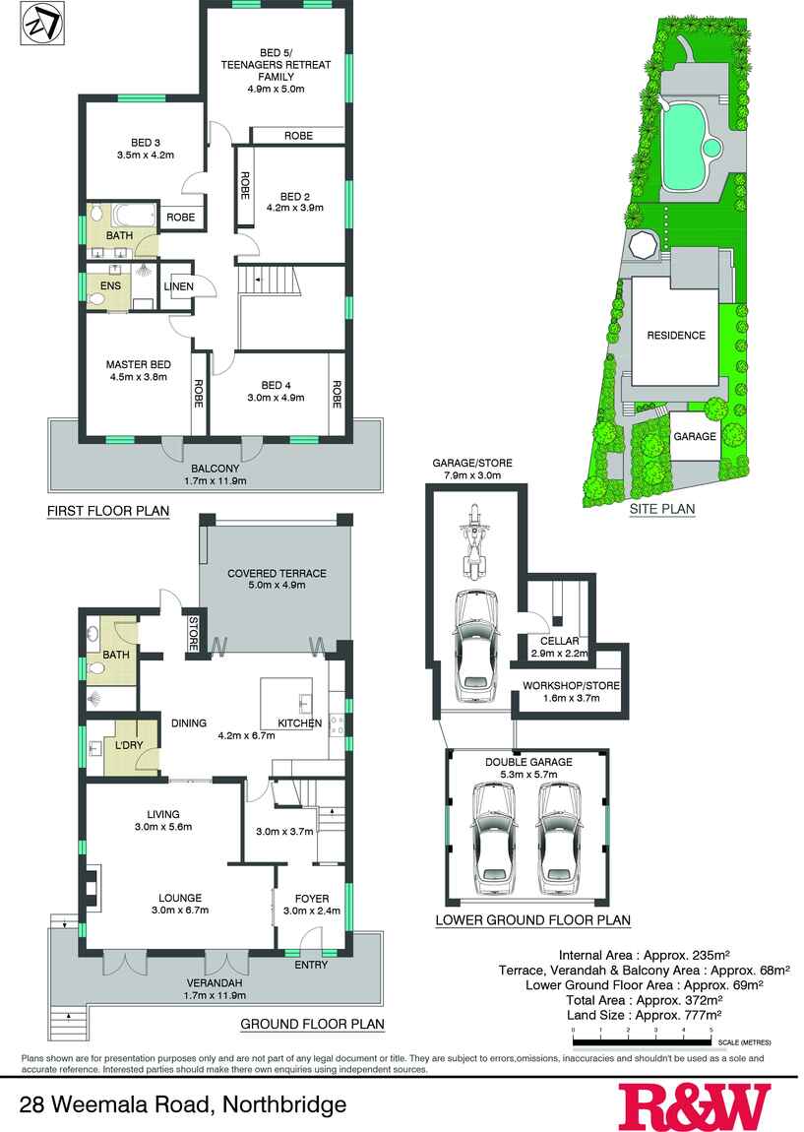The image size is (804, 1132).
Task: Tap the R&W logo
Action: coord(694,1105)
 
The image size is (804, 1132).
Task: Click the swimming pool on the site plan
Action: coord(687,149)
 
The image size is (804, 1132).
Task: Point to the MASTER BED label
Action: coord(136,364)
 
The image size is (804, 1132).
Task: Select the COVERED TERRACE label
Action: coord(277,573)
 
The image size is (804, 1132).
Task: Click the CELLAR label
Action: coord(559,641)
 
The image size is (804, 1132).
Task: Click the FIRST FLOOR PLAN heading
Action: coord(108,511)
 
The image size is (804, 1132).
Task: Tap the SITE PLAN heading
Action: coord(662,509)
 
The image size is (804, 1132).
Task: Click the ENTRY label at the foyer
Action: coord(311,964)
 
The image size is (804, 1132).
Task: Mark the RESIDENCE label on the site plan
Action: coord(675,336)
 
